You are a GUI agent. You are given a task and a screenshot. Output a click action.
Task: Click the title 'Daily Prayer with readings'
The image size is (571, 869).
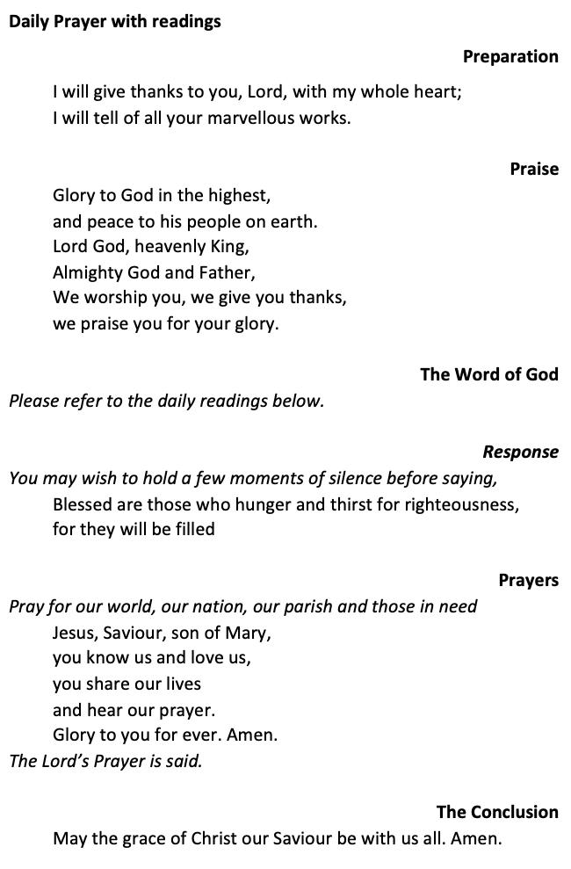tap(115, 21)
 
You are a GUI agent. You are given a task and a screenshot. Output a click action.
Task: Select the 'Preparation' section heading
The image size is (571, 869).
tap(510, 56)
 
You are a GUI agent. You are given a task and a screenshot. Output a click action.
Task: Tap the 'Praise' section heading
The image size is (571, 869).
tap(534, 169)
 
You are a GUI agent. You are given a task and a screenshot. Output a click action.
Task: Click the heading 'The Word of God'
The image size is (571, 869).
tap(488, 374)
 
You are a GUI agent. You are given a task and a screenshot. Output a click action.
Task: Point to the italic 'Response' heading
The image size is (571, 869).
tap(520, 452)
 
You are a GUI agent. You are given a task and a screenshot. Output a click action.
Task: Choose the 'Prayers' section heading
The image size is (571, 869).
tap(528, 580)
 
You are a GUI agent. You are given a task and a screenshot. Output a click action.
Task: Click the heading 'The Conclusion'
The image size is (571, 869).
tap(497, 812)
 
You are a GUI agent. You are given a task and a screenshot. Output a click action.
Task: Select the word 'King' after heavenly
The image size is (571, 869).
tap(230, 246)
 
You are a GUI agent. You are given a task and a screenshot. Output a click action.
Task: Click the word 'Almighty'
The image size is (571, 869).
tap(88, 272)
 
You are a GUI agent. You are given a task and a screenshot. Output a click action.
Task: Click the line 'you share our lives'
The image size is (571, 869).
tap(126, 684)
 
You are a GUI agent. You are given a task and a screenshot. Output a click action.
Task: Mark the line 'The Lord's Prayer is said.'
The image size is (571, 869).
tap(105, 761)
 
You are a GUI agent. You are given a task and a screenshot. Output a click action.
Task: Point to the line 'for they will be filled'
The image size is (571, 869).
tap(134, 529)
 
